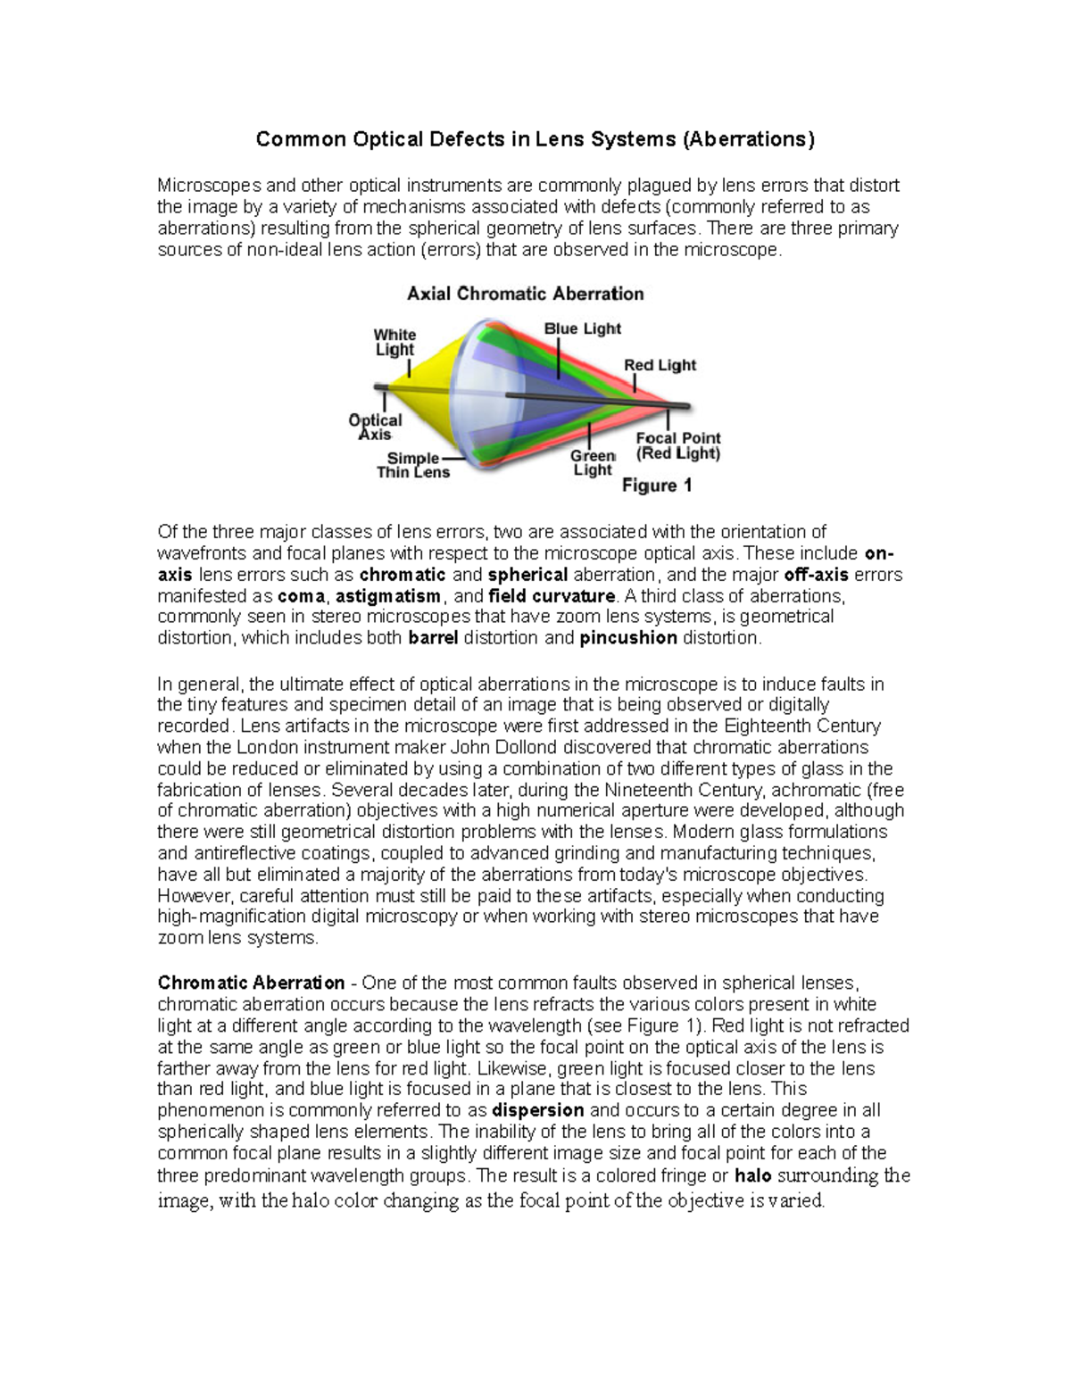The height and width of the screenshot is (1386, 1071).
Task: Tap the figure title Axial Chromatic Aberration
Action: [525, 294]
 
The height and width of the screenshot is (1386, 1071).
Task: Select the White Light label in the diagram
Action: [394, 342]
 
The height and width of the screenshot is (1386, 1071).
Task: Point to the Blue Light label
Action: [582, 328]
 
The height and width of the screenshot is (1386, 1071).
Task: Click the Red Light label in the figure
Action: [660, 365]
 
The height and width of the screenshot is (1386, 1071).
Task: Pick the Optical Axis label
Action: [375, 427]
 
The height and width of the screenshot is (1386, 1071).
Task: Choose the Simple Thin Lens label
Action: [412, 465]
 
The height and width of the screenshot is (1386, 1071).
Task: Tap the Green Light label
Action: [593, 462]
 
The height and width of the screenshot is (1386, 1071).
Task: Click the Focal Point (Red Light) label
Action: [677, 445]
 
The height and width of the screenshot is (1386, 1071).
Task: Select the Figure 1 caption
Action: [657, 486]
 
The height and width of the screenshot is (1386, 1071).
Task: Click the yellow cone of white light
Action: [428, 376]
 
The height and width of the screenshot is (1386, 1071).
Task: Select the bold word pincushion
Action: [628, 638]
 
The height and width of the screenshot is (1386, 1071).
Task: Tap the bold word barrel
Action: [434, 638]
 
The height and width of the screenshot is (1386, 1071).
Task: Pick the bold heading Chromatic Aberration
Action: [251, 983]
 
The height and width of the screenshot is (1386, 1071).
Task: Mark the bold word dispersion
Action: [538, 1111]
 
